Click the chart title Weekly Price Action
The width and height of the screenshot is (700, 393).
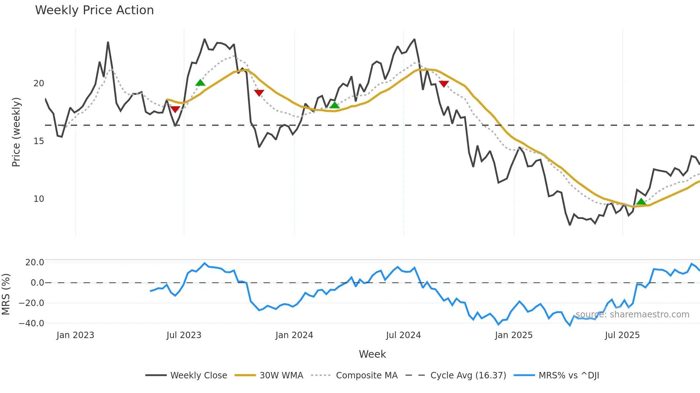(94, 10)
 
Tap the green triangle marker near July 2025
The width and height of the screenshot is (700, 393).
(641, 202)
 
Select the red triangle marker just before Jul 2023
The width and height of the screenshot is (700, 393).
(175, 109)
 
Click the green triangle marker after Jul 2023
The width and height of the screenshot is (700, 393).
(200, 83)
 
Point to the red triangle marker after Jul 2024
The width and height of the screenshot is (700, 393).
(444, 84)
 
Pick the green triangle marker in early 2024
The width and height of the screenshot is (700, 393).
(334, 105)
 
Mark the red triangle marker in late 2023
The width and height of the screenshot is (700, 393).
(259, 93)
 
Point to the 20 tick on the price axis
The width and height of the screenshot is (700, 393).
(39, 83)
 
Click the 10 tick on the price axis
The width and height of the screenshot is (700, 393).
(39, 199)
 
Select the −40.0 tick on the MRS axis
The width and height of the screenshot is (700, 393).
(31, 323)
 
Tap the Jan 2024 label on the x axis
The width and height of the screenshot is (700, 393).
(294, 335)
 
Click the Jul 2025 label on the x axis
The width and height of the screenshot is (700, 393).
(622, 335)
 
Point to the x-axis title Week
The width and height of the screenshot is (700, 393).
(372, 354)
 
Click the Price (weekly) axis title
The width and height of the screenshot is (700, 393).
(16, 132)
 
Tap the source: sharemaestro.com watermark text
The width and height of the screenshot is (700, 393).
(632, 315)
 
